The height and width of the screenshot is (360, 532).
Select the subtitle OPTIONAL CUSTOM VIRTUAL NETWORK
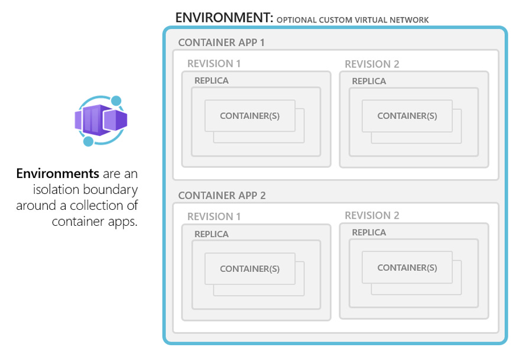352,20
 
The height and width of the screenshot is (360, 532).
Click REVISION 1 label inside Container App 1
214,64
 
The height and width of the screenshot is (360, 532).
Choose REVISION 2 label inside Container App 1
372,64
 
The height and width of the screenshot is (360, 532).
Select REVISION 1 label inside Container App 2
214,216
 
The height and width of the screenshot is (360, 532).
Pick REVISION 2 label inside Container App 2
372,215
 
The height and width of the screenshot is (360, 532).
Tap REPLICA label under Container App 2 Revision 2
369,232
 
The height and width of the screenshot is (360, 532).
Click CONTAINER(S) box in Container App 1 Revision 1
249,116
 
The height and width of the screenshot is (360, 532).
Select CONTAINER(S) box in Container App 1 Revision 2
407,116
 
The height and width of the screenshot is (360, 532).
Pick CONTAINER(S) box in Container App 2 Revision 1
249,268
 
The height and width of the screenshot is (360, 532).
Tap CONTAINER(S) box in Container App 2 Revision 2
407,267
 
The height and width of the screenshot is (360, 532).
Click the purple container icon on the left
100,120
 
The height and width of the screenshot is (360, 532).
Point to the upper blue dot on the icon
116,101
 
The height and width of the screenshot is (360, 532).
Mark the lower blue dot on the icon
88,141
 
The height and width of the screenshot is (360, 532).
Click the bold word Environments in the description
57,174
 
